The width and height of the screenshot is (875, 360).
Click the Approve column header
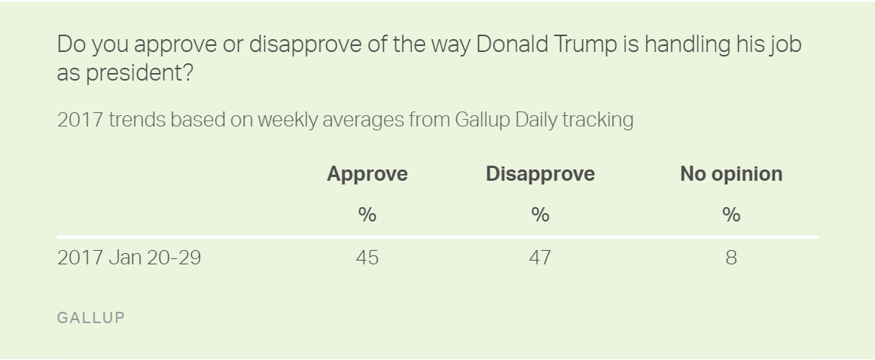[367, 174]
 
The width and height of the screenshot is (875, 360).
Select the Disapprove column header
[540, 174]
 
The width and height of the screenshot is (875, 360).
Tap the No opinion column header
[730, 174]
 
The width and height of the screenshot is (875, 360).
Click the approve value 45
[367, 258]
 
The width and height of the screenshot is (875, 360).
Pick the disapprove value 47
[540, 258]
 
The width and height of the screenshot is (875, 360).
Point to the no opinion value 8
[730, 258]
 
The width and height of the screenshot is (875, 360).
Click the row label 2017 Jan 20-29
[129, 258]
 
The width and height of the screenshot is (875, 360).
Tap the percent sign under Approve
[367, 215]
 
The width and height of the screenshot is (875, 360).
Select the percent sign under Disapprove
[540, 215]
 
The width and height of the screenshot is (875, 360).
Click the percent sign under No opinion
[730, 215]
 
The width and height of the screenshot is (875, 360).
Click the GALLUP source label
[91, 318]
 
